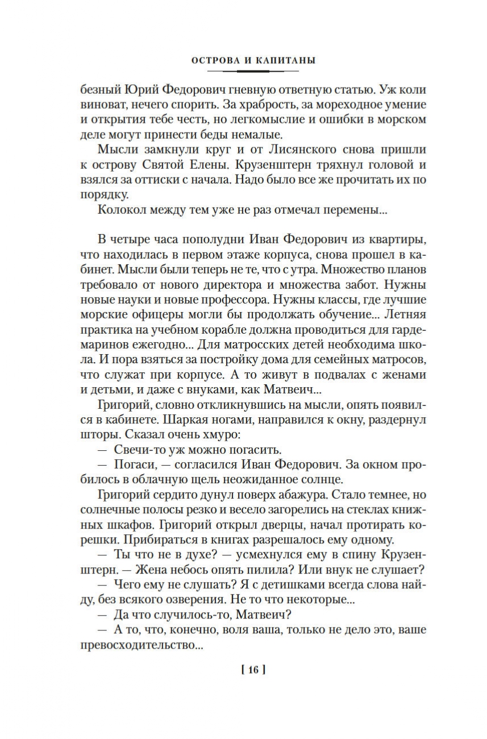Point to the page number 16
[253, 670]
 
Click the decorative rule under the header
[253, 72]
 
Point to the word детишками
[275, 586]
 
